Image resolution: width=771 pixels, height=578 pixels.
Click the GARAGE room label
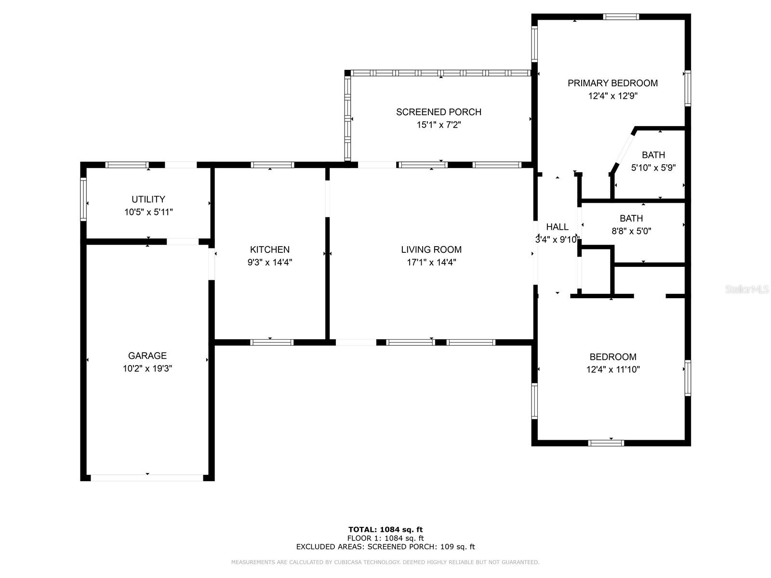[x=147, y=355]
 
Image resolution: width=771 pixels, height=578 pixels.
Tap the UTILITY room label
[x=148, y=199]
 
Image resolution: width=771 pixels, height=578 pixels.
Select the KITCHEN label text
[x=270, y=250]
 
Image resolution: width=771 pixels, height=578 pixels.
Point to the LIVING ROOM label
[x=431, y=250]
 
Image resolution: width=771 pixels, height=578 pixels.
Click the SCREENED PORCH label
[x=439, y=112]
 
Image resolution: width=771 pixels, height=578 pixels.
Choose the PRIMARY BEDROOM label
[x=612, y=83]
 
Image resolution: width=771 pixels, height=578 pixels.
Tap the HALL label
[x=557, y=227]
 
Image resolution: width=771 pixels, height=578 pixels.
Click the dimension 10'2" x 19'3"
[x=147, y=368]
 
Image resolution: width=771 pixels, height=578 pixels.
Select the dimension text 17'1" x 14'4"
[x=431, y=262]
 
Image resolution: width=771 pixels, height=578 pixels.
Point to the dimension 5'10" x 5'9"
[x=653, y=168]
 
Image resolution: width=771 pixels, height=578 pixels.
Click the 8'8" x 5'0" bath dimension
[x=631, y=231]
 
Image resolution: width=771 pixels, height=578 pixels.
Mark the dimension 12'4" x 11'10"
[x=613, y=369]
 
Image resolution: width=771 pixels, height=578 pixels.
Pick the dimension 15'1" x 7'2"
[x=439, y=125]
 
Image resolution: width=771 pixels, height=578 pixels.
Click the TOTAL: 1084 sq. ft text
[x=385, y=529]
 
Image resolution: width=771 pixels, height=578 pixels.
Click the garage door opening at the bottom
[x=147, y=478]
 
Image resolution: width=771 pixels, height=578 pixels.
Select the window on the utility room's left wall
[x=83, y=199]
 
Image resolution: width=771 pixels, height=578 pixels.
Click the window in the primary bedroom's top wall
[x=621, y=16]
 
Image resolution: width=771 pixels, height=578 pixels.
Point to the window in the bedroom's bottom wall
[x=606, y=443]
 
